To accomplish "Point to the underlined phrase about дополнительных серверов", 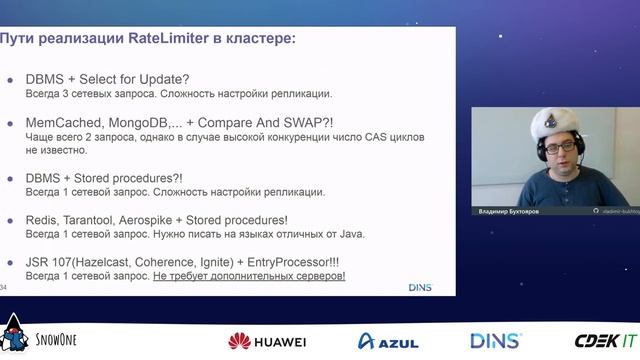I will [x=249, y=275].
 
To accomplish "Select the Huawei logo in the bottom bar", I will [x=267, y=341].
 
